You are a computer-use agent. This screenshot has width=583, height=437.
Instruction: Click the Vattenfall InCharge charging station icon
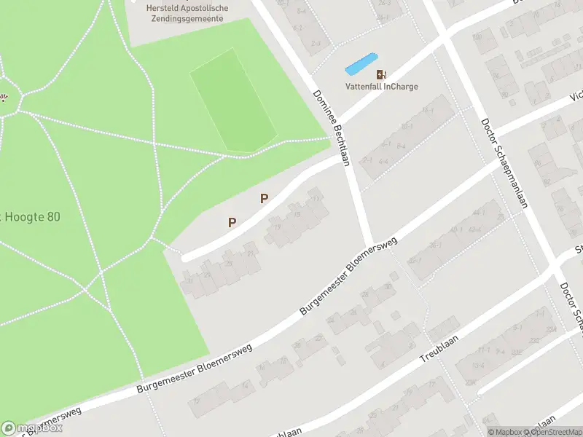pyautogui.click(x=381, y=74)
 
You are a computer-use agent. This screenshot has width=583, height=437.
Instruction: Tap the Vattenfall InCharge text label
pyautogui.click(x=381, y=87)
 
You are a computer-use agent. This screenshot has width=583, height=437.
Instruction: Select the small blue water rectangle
pyautogui.click(x=361, y=64)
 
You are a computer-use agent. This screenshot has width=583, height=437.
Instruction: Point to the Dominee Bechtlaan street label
pyautogui.click(x=332, y=128)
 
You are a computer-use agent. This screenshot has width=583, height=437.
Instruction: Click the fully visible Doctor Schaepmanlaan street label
pyautogui.click(x=503, y=164)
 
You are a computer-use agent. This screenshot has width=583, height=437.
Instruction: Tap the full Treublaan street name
pyautogui.click(x=437, y=351)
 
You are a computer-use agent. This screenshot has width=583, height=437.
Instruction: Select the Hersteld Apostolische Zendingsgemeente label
pyautogui.click(x=187, y=13)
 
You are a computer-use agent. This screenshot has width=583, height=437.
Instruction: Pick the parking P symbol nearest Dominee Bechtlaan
pyautogui.click(x=265, y=198)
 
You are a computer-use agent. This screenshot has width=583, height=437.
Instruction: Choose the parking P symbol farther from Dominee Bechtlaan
pyautogui.click(x=232, y=223)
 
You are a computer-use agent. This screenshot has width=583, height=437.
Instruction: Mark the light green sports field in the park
pyautogui.click(x=232, y=101)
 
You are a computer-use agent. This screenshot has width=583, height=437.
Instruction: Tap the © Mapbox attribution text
pyautogui.click(x=507, y=432)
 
